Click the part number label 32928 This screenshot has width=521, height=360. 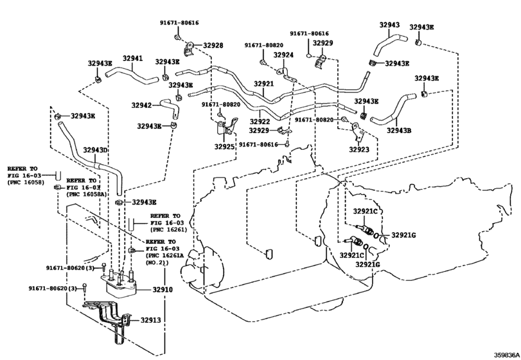[213, 46]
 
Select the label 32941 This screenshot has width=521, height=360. [132, 59]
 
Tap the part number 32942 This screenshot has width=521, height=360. [141, 105]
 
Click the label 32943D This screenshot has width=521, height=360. [95, 150]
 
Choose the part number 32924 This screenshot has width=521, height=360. [283, 55]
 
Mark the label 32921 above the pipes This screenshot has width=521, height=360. [263, 84]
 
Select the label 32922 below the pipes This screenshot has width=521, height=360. [260, 121]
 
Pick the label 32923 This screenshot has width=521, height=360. [360, 149]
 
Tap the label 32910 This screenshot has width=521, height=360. [163, 290]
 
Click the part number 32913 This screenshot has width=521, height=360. [151, 319]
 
